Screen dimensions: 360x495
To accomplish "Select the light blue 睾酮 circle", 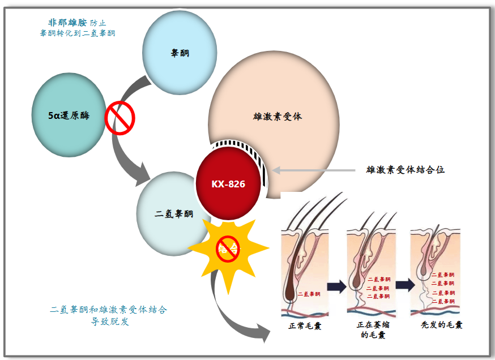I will click(x=180, y=53).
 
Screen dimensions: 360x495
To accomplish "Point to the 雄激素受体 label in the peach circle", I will click(x=277, y=116).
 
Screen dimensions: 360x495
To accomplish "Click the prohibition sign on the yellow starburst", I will click(x=228, y=248).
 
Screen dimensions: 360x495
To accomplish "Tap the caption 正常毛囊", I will click(x=305, y=325).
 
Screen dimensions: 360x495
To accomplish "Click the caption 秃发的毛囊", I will click(x=442, y=325).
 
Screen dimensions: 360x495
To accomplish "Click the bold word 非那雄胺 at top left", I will click(x=67, y=23).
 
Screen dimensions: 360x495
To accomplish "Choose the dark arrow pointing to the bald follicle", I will click(x=404, y=285).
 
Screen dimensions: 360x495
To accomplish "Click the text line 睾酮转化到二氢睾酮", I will click(x=77, y=33).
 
